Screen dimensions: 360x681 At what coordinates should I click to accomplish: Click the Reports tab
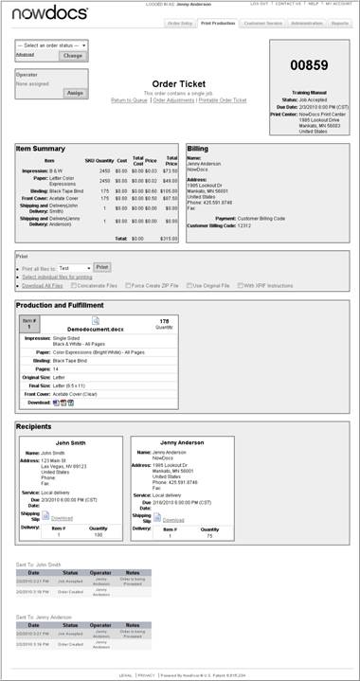click(337, 22)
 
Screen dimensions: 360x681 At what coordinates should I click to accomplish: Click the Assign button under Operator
click(75, 93)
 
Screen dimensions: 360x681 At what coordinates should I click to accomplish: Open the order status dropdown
click(52, 45)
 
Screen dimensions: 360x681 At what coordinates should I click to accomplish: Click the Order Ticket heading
click(179, 83)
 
